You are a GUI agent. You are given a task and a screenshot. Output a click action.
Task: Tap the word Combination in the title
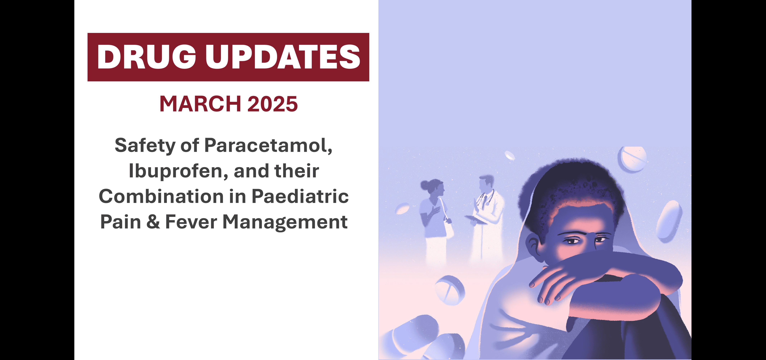161,197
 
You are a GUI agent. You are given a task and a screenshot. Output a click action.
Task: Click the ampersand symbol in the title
153,222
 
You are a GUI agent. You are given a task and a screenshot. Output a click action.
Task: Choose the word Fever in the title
191,222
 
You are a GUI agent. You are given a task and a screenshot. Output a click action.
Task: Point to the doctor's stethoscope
486,197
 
